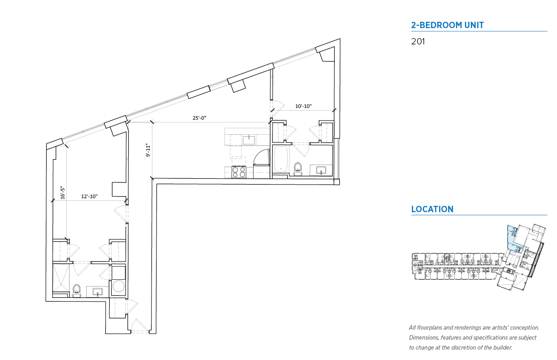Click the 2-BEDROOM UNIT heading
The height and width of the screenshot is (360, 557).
click(x=447, y=25)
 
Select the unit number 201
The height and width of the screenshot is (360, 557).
click(x=418, y=42)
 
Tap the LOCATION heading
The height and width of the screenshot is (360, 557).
click(x=432, y=209)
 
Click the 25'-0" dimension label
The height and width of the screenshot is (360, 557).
click(x=200, y=118)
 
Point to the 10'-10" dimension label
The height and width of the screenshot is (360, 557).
click(x=303, y=106)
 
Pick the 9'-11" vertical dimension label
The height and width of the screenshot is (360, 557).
click(x=148, y=150)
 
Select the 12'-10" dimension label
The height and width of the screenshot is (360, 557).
click(x=89, y=196)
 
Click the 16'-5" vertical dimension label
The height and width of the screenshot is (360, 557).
click(x=63, y=193)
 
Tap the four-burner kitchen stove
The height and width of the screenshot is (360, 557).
click(x=239, y=172)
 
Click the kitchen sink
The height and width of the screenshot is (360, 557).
click(x=249, y=140)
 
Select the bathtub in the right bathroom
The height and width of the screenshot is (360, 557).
click(x=281, y=159)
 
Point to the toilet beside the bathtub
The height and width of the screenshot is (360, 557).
click(x=298, y=169)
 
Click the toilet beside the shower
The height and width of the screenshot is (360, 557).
click(x=77, y=291)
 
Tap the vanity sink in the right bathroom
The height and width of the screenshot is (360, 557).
click(x=321, y=170)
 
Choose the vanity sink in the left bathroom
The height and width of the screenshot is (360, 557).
click(x=98, y=292)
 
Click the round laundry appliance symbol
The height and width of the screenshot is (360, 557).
click(x=118, y=287)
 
